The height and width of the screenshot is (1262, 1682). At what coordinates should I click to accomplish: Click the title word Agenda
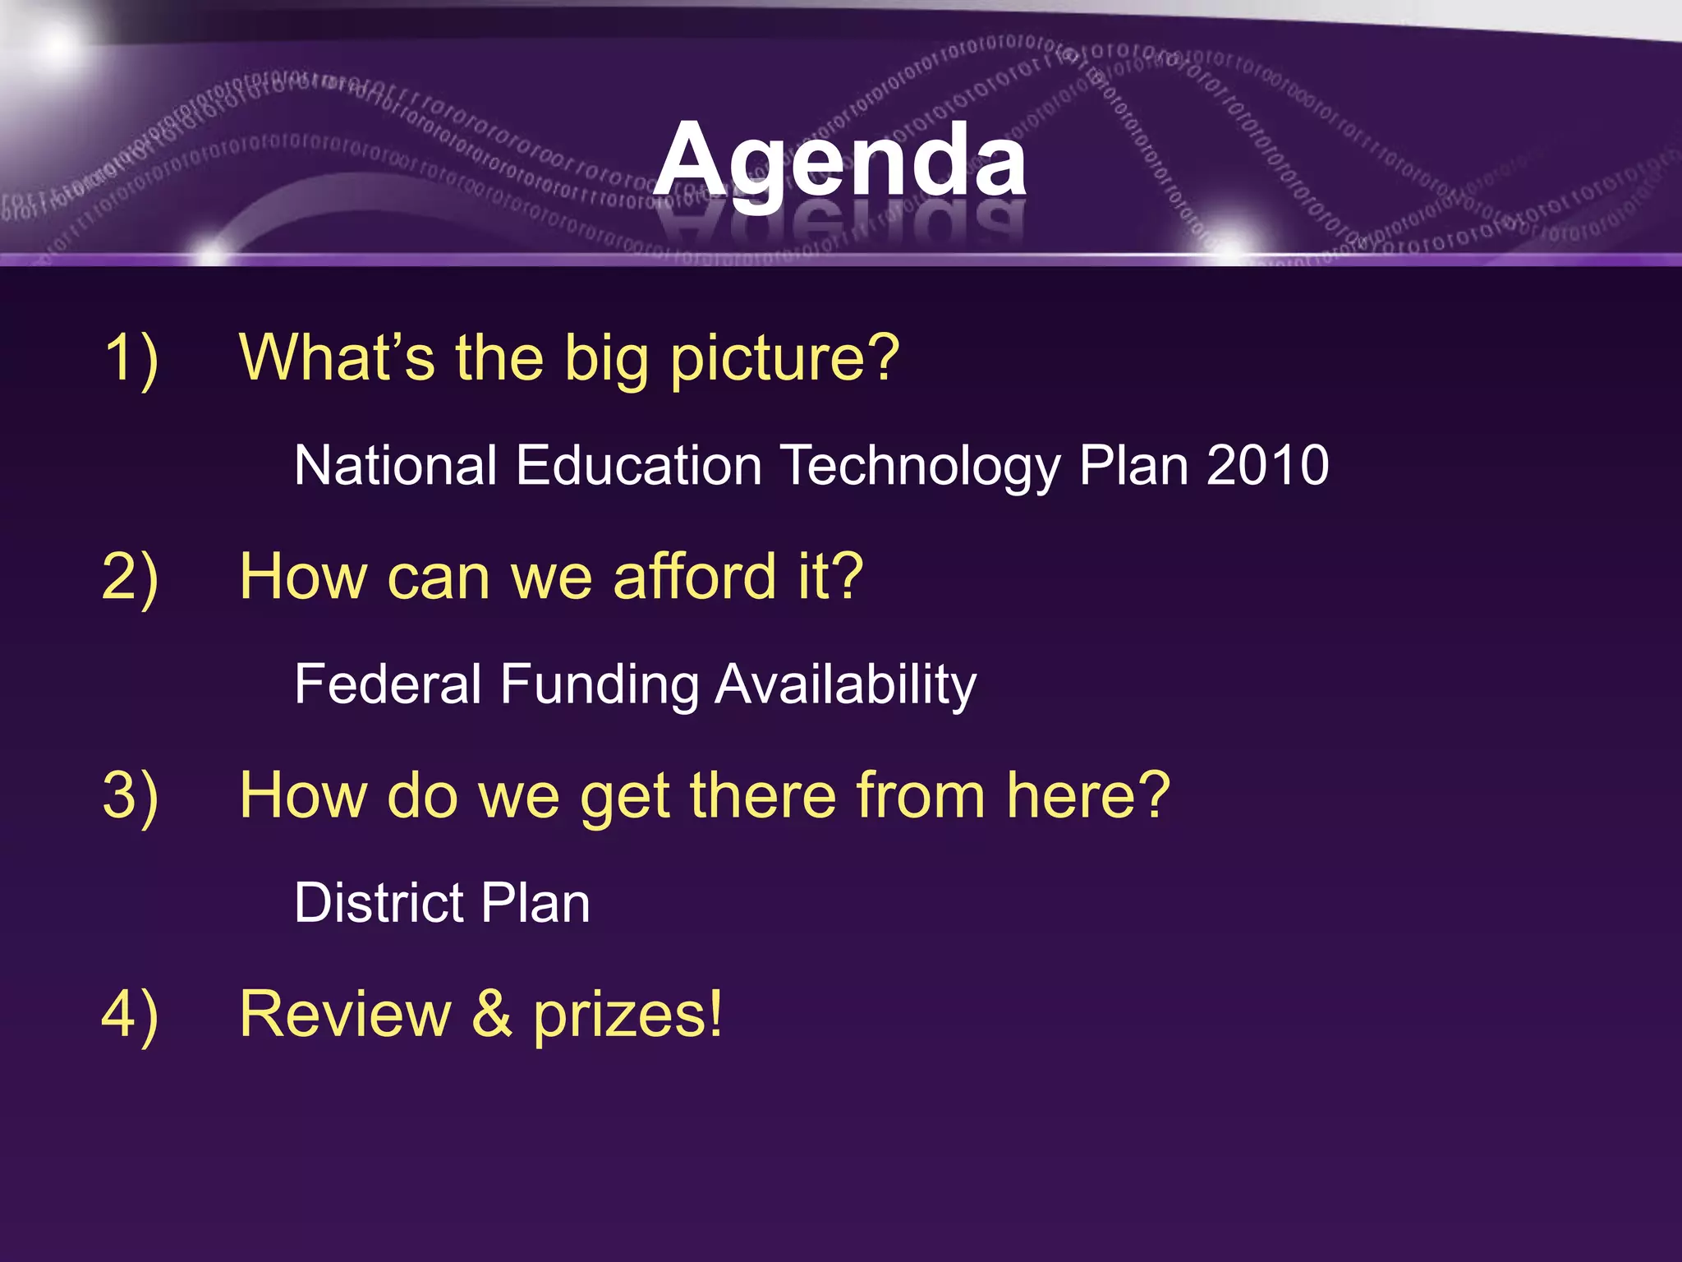point(840,160)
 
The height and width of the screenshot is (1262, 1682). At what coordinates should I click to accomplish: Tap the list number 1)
point(131,359)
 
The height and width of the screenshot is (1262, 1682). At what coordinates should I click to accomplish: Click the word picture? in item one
point(784,359)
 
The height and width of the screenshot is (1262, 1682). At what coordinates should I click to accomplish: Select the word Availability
point(846,685)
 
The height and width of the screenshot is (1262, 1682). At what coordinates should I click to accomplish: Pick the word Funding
point(599,685)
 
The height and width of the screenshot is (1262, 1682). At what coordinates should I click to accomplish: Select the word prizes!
point(628,1016)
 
